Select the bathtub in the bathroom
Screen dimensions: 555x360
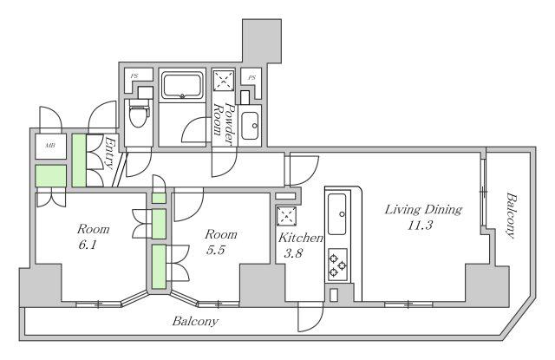coord(182,85)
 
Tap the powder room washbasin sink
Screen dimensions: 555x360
coord(250,126)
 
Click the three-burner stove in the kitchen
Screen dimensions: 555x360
coord(337,265)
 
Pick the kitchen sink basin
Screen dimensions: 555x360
coord(337,214)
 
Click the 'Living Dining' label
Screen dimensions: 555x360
coord(423,210)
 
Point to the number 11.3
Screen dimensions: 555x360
coord(419,226)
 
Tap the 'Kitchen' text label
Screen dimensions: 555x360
coord(301,238)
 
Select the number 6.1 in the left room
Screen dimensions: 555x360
coord(88,245)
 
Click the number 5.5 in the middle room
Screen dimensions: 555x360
coord(216,250)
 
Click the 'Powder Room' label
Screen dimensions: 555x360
coord(225,123)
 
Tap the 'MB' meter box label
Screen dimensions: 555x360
coord(50,146)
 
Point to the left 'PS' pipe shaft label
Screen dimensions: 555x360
coord(134,76)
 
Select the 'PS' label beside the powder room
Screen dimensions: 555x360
coord(251,77)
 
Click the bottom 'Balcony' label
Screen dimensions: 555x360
coord(195,322)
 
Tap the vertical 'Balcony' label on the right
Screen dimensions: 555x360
coord(511,215)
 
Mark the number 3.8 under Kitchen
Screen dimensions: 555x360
coord(293,253)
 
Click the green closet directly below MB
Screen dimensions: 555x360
coord(51,175)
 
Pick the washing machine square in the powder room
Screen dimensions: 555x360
coord(224,81)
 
